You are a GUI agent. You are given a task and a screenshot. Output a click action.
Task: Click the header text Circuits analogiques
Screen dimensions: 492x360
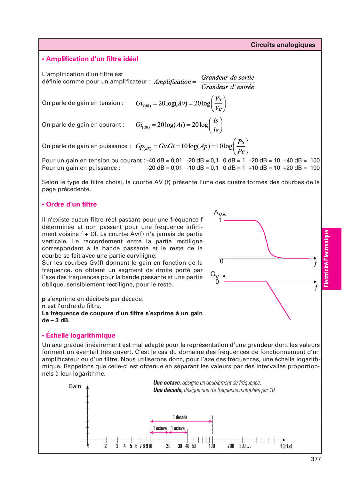pyautogui.click(x=283, y=45)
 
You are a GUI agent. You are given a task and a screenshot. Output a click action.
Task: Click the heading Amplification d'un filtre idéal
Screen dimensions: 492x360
pyautogui.click(x=92, y=59)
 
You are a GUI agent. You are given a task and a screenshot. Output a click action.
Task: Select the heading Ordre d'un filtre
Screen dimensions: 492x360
pyautogui.click(x=71, y=204)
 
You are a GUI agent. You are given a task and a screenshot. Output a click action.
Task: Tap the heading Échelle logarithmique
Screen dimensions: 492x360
pyautogui.click(x=80, y=335)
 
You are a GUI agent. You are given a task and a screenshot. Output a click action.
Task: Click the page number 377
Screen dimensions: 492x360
pyautogui.click(x=316, y=459)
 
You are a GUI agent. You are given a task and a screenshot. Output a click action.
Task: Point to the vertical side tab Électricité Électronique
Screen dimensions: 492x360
pyautogui.click(x=326, y=259)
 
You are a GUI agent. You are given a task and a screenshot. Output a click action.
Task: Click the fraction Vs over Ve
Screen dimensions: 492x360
pyautogui.click(x=218, y=104)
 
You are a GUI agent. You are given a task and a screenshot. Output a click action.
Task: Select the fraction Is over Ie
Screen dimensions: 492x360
pyautogui.click(x=216, y=125)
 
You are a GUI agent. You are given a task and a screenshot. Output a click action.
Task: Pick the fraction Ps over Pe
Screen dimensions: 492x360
pyautogui.click(x=241, y=146)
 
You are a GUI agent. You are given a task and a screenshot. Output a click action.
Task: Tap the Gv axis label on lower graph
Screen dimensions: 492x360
pyautogui.click(x=214, y=274)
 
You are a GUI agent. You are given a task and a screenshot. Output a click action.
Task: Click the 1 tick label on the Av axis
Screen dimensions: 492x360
pyautogui.click(x=220, y=220)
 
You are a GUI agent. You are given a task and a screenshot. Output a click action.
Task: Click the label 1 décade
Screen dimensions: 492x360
pyautogui.click(x=180, y=417)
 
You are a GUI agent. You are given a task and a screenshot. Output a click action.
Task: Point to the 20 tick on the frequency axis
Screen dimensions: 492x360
pyautogui.click(x=168, y=446)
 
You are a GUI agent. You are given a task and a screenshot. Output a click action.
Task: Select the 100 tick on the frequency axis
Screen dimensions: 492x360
pyautogui.click(x=212, y=446)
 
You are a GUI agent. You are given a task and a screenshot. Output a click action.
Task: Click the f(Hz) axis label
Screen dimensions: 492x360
pyautogui.click(x=286, y=446)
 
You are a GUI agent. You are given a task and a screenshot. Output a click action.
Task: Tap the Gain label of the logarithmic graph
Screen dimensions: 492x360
pyautogui.click(x=75, y=386)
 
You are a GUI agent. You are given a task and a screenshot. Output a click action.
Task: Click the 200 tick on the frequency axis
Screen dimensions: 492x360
pyautogui.click(x=231, y=446)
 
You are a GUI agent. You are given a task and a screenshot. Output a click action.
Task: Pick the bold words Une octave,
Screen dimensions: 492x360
pyautogui.click(x=167, y=383)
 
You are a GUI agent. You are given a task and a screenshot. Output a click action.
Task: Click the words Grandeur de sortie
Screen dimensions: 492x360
pyautogui.click(x=228, y=77)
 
